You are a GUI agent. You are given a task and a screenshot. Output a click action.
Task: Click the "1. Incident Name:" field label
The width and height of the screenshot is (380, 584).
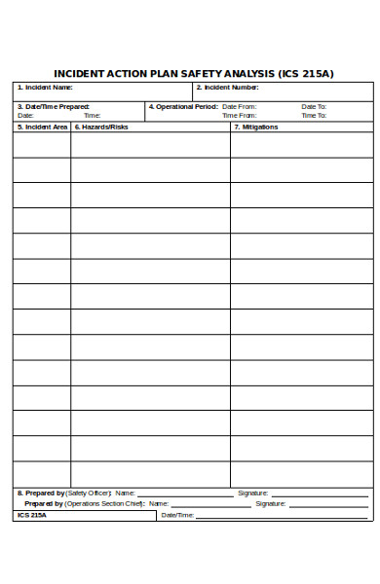click(45, 88)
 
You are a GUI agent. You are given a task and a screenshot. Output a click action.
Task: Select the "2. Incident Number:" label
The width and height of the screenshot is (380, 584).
click(228, 88)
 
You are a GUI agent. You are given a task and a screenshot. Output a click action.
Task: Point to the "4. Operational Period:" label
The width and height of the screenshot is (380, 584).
click(182, 106)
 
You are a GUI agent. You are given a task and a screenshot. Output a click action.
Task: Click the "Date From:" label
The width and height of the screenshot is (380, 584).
click(240, 106)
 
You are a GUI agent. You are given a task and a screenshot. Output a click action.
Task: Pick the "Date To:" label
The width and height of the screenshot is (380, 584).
click(314, 106)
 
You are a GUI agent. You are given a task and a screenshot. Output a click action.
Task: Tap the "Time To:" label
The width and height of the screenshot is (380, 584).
click(314, 115)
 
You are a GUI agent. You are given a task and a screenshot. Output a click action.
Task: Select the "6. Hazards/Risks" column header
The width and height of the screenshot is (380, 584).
click(101, 127)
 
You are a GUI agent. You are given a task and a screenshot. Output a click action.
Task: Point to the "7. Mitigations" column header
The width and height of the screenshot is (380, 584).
click(256, 127)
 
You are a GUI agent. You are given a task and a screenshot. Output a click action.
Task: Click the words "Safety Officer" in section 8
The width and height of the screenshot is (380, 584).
click(89, 493)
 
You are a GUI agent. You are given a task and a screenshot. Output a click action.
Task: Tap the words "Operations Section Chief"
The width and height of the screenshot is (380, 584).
click(105, 504)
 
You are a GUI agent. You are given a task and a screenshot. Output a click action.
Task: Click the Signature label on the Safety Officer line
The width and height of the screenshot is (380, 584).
click(253, 493)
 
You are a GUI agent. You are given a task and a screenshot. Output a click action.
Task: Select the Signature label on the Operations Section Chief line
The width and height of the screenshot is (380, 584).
click(271, 504)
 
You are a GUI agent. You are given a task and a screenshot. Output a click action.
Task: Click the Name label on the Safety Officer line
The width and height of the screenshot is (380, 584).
click(124, 493)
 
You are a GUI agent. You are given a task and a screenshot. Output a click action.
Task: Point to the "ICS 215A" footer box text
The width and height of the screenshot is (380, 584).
click(32, 515)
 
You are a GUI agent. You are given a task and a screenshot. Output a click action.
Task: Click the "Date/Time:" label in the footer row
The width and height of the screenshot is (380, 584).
click(177, 515)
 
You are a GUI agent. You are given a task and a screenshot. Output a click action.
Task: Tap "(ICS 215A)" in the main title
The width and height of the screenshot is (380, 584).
click(306, 73)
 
